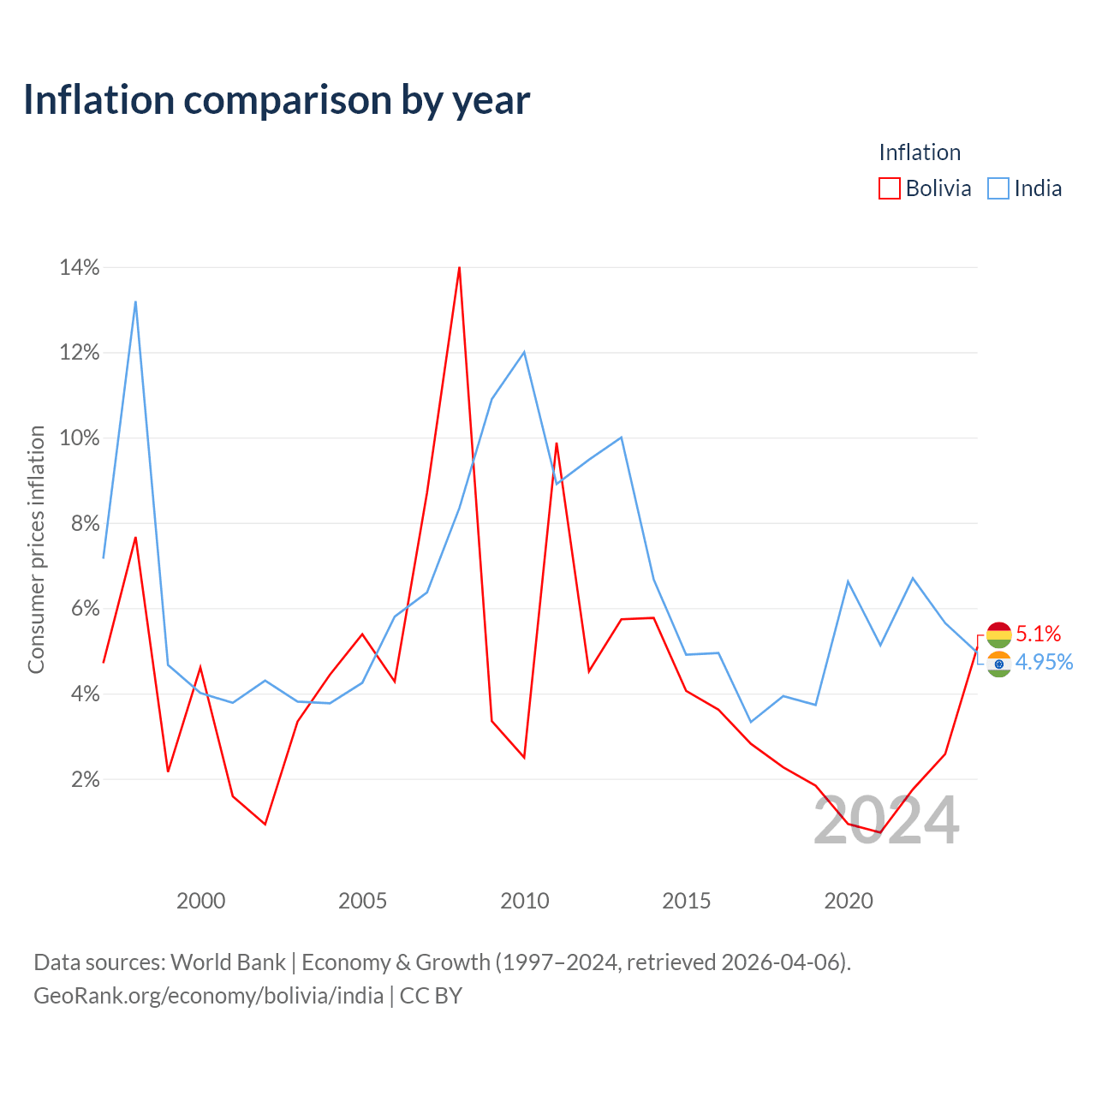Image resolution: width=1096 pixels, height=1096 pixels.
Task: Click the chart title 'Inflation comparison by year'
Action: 277,100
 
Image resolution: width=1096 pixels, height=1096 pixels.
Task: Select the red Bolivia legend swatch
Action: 889,188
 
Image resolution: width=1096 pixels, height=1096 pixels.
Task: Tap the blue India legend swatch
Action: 998,188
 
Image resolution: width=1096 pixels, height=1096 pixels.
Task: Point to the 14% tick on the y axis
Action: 80,267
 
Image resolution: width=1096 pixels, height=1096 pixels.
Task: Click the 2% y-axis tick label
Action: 86,779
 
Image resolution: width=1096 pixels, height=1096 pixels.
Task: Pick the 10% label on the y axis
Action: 80,438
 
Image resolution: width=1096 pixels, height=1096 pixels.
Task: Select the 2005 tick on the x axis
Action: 362,901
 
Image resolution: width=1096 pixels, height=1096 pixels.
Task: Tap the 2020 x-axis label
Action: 848,901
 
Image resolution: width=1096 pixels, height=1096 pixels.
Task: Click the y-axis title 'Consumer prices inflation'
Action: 36,550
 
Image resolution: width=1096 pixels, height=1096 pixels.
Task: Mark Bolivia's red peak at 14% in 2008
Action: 459,267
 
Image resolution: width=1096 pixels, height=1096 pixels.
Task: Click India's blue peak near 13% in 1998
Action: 135,301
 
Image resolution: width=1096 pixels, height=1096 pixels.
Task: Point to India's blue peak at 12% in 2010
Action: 524,352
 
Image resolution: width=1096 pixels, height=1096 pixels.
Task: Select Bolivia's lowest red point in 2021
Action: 880,832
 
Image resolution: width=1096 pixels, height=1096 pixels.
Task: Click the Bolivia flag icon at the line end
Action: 998,635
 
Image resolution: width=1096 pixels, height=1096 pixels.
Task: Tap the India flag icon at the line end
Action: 998,664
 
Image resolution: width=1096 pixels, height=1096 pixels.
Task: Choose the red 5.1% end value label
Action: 1038,634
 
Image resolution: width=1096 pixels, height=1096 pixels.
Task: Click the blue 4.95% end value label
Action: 1044,662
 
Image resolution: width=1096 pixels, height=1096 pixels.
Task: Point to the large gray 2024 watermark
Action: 886,821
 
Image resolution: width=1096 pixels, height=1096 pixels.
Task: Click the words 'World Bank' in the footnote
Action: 228,962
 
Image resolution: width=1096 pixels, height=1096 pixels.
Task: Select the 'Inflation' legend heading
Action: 919,152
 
